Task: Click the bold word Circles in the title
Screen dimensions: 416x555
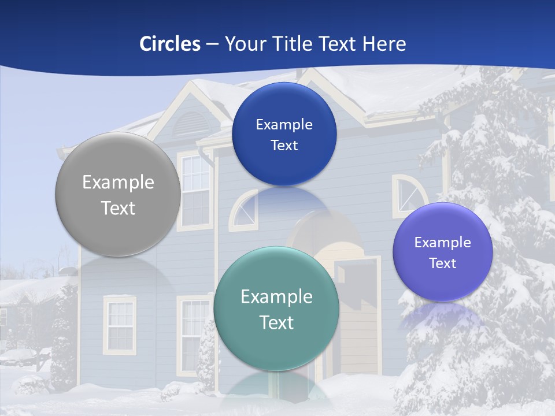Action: click(x=169, y=44)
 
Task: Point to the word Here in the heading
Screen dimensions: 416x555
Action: click(x=384, y=44)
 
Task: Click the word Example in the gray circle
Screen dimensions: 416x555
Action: click(x=118, y=183)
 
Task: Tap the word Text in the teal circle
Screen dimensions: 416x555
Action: click(x=276, y=322)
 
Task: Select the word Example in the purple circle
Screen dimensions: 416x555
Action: click(x=443, y=243)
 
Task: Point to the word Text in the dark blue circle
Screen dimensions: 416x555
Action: click(x=284, y=146)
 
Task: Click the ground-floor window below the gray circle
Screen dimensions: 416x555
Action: click(x=120, y=325)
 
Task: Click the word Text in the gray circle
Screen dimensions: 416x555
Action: click(x=118, y=208)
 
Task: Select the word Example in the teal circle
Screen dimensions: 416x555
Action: click(x=276, y=297)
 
